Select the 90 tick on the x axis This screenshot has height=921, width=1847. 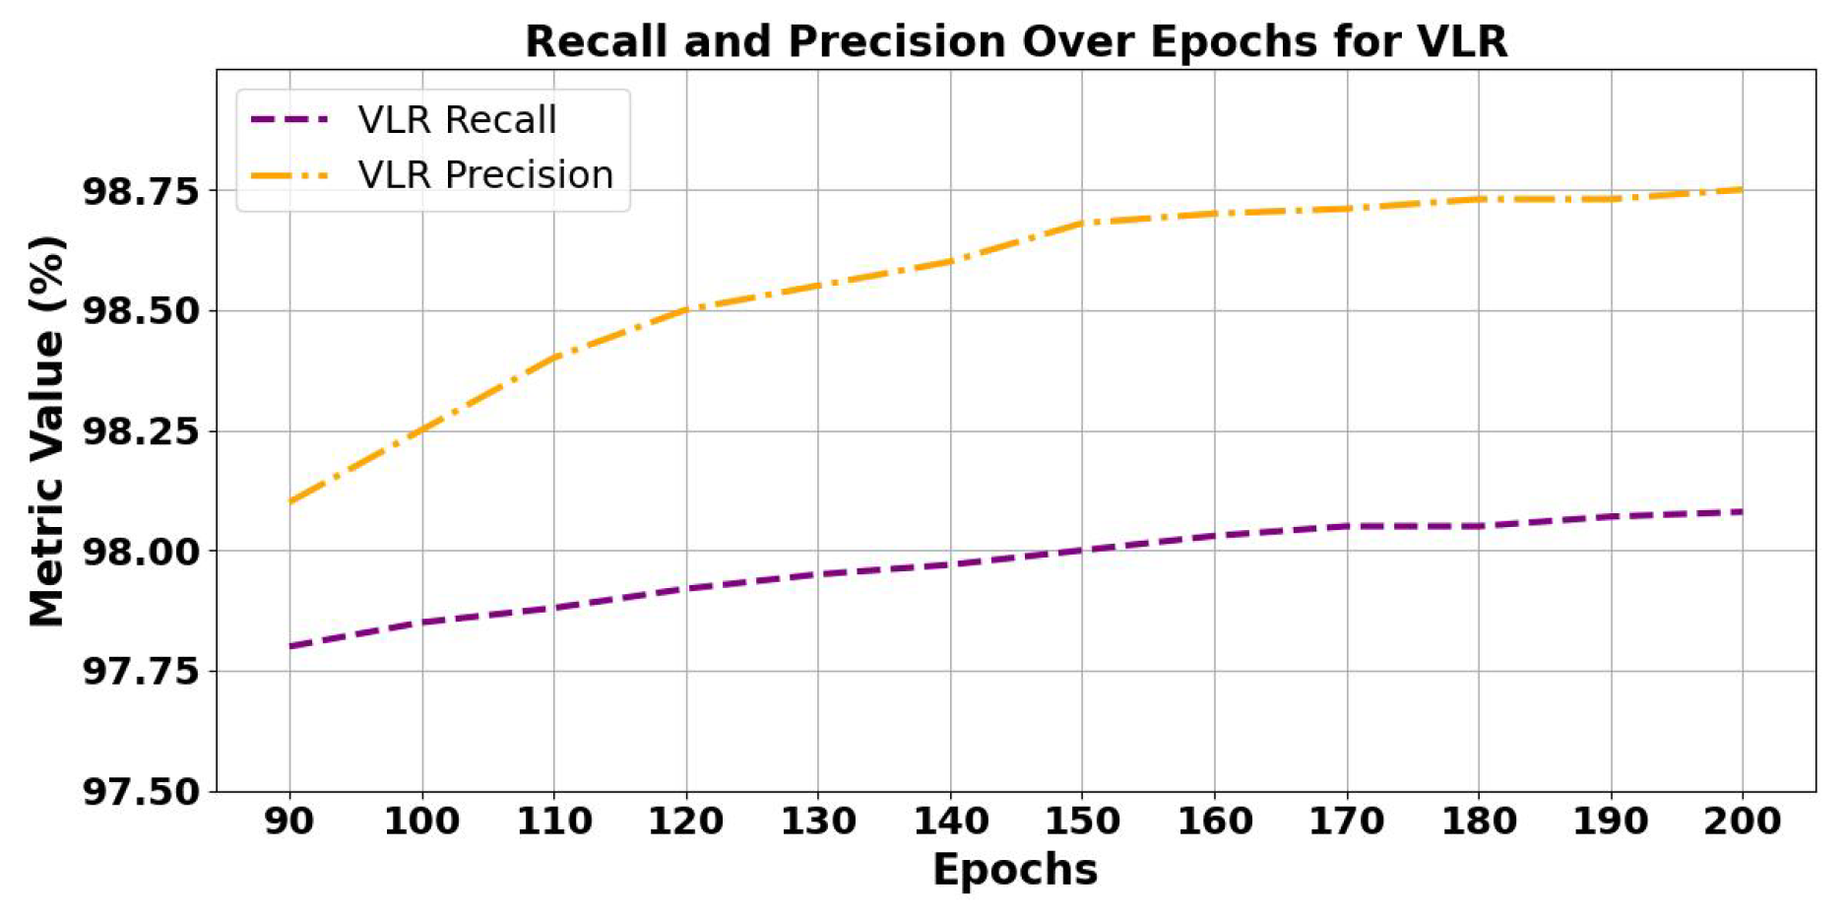point(289,821)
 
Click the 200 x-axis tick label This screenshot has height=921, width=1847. point(1742,821)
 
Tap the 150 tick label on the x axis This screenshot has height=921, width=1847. point(1082,821)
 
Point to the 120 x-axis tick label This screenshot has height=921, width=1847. point(686,821)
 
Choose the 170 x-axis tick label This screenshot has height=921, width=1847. point(1346,821)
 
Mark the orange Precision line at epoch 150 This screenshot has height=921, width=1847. point(1082,223)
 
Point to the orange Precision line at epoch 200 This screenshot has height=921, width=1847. point(1742,189)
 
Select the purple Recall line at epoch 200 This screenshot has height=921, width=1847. point(1742,511)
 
